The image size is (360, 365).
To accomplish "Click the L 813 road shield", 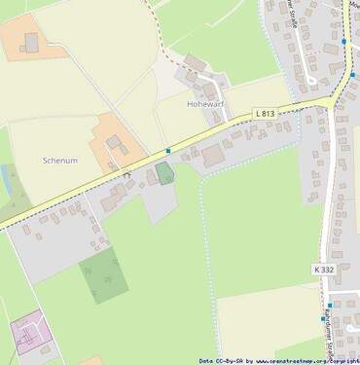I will click(265, 114).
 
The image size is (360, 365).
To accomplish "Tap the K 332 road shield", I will click(325, 268).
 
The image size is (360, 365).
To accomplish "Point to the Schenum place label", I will click(60, 160).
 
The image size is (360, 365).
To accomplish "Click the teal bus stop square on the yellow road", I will click(167, 151).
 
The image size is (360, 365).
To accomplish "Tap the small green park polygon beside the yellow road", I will click(165, 173).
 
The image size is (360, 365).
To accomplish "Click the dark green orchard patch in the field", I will click(102, 274).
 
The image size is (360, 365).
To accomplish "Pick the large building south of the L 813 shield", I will click(213, 155).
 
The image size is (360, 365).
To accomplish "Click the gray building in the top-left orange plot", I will click(31, 43).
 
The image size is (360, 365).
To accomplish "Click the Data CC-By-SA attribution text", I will click(220, 360).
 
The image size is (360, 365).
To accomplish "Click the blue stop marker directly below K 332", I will click(330, 305).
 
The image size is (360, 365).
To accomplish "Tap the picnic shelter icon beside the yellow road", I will click(126, 173).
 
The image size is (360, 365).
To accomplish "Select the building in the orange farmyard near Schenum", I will click(114, 143).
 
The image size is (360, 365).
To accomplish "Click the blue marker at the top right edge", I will click(343, 42).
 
